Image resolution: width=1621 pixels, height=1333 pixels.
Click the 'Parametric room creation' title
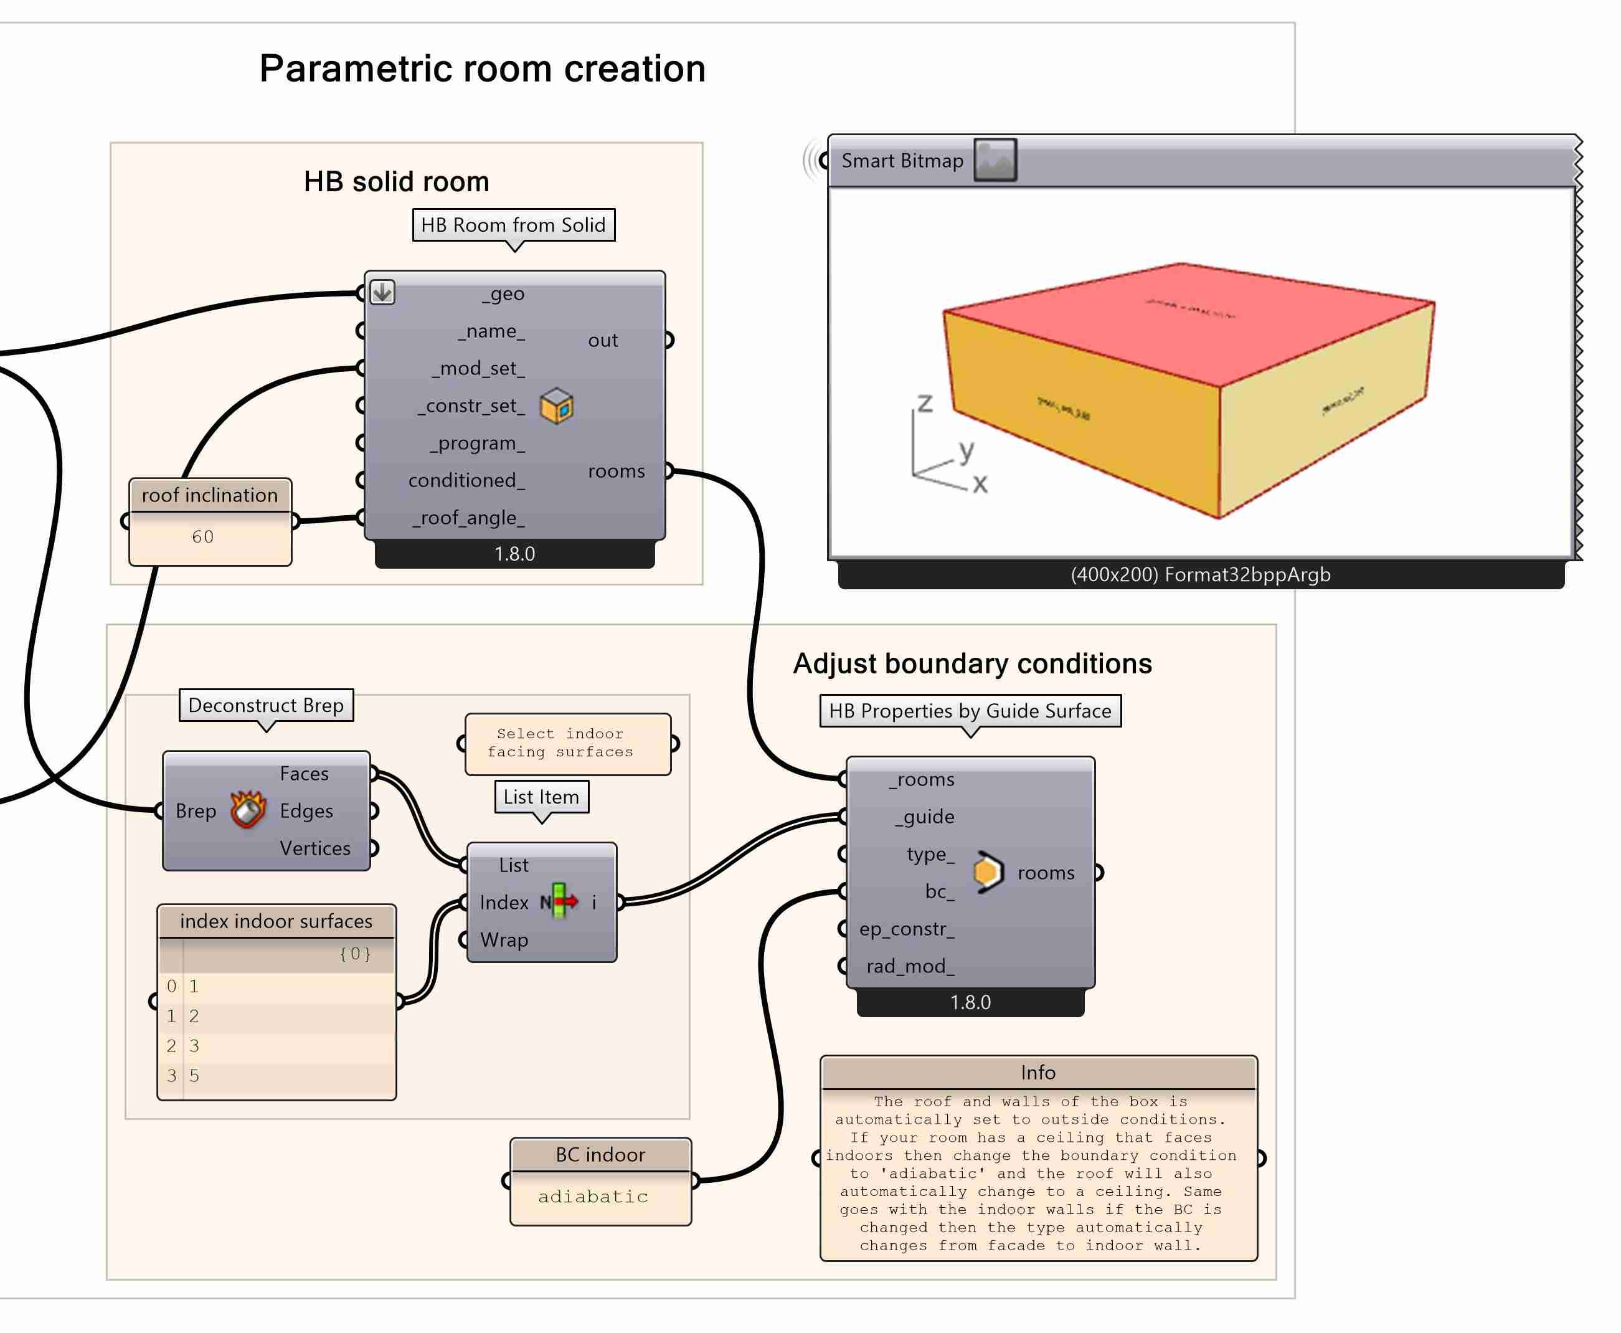click(482, 69)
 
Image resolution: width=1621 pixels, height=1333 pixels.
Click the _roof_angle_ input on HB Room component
click(469, 518)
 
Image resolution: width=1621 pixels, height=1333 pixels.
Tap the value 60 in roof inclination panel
click(202, 537)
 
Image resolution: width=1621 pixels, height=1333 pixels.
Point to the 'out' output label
click(602, 340)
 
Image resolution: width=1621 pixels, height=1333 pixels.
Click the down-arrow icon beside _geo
click(382, 292)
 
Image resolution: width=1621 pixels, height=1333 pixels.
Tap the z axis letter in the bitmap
click(925, 404)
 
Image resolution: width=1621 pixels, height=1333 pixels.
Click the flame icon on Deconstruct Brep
click(248, 810)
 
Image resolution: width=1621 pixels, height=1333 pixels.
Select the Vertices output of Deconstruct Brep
click(314, 848)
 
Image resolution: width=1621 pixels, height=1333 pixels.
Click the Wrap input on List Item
click(504, 940)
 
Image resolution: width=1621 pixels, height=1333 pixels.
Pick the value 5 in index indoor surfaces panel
click(194, 1076)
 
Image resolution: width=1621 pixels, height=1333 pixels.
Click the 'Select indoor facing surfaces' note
click(567, 743)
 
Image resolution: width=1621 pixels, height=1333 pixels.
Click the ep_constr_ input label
click(907, 929)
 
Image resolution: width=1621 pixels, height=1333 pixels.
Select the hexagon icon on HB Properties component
click(987, 872)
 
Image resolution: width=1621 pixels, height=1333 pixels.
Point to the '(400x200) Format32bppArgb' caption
click(1201, 574)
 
